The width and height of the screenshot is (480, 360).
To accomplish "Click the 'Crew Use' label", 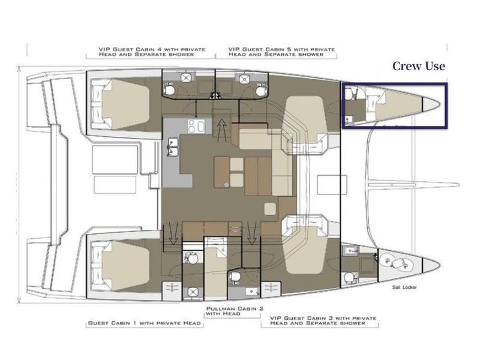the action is pos(419,66).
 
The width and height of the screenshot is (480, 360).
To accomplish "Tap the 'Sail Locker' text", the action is pos(404,287).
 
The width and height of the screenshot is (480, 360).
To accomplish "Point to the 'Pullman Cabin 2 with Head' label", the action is pos(235,311).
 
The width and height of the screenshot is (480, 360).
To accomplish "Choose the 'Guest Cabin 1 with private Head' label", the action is pos(145,323).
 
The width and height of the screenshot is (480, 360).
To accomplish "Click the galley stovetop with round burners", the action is pos(196,126).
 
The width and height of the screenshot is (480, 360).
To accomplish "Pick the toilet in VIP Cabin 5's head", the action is pos(261,89).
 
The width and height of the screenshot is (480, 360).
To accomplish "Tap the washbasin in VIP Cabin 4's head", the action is pos(186,78).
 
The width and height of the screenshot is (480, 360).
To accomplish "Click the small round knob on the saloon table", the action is pos(226,185).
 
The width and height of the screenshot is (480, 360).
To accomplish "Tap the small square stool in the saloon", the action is pos(271,209).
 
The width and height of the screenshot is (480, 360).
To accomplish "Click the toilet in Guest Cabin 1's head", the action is pos(193,258).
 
